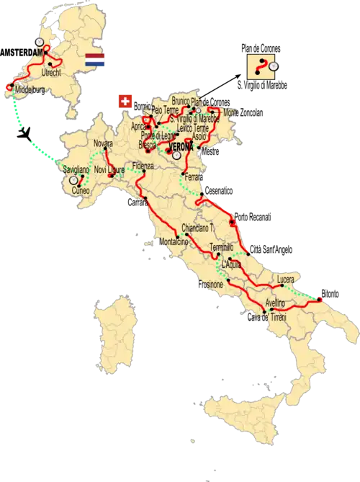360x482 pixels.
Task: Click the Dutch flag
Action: click(95, 61)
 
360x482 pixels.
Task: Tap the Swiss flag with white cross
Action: click(125, 101)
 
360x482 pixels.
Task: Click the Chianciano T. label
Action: click(198, 227)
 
